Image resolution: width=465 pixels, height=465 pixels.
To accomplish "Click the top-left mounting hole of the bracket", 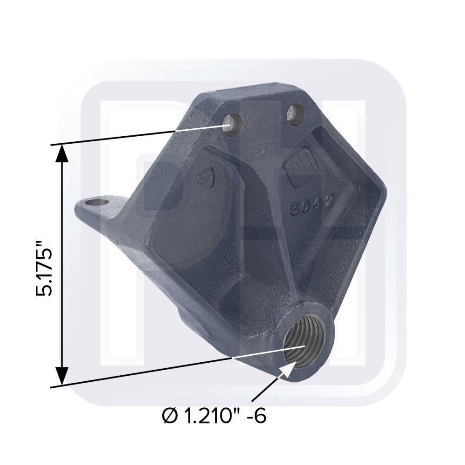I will (x=231, y=124).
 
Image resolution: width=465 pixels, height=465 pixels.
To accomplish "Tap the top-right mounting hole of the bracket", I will (x=296, y=114).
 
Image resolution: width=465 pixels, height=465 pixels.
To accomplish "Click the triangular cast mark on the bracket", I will (x=205, y=178).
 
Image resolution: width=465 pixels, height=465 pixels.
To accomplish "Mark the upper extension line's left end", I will (x=51, y=146).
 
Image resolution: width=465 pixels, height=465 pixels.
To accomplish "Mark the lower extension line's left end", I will (x=51, y=386).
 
